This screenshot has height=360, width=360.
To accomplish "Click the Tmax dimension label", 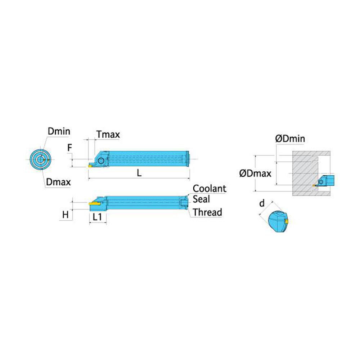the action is click(108, 135).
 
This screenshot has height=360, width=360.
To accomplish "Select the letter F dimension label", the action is click(70, 148).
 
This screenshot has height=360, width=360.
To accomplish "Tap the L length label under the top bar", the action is click(139, 173).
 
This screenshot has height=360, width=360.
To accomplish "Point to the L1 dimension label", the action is click(97, 217).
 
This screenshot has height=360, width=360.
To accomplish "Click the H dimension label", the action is click(66, 215).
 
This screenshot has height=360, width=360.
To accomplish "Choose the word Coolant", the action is click(210, 189).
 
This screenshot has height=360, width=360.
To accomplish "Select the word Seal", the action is click(201, 199).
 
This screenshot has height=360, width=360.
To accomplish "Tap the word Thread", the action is click(207, 212).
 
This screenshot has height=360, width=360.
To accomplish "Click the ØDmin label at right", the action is click(290, 139).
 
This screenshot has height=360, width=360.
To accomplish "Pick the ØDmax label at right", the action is click(255, 174).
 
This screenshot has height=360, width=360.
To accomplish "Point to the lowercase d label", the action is click(262, 203).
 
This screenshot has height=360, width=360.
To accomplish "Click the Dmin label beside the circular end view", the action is click(59, 131).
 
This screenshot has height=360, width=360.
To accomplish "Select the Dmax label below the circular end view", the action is click(58, 182).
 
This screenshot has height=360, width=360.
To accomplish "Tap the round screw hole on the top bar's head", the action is click(100, 161).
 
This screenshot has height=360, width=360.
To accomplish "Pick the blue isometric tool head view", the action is click(278, 221).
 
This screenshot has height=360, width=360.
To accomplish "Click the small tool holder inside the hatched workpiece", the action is click(324, 181).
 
